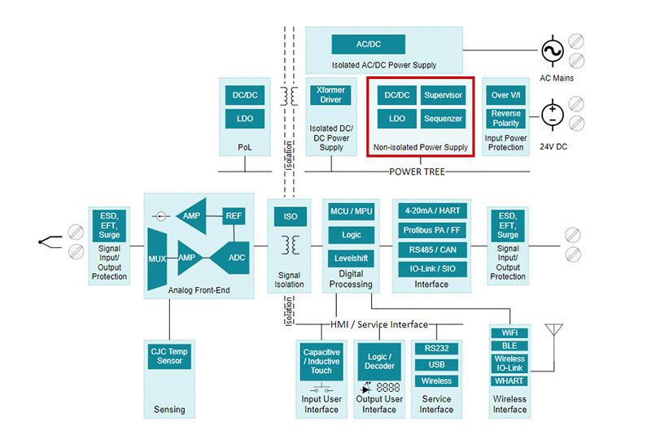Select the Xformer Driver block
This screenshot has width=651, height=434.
pos(331,95)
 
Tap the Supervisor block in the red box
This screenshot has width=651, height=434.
pos(443,95)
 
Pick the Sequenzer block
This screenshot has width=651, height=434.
pos(443,119)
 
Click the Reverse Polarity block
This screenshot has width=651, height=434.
pos(505,119)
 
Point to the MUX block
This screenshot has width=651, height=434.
pos(157,259)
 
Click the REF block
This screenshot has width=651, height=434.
pos(234,215)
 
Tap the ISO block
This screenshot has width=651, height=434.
pos(290,217)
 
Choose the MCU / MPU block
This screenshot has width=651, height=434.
pos(351,211)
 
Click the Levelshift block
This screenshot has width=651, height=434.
pos(351,258)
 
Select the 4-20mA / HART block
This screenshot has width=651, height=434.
pos(432,210)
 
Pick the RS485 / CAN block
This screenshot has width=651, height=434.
pos(432,250)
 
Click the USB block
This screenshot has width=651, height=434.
pos(436,365)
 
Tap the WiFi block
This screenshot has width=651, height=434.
pos(509,333)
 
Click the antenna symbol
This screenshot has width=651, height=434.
pos(556,334)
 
